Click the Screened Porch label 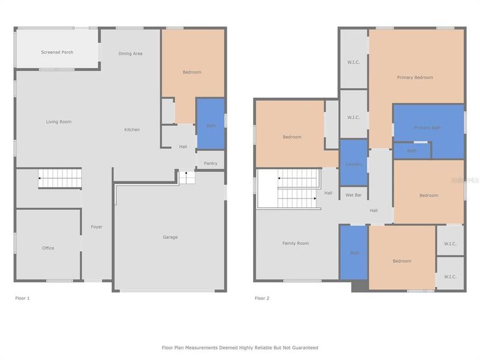57,52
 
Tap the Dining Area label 130,53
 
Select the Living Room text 59,122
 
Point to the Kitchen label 132,130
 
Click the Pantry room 210,163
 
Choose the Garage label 170,237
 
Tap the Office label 48,248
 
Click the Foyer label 97,227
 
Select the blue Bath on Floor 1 211,125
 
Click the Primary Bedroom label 415,77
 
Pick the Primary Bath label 427,128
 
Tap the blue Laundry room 354,164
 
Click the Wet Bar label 354,195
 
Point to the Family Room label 296,243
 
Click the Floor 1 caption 22,298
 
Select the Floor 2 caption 262,298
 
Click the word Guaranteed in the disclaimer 304,347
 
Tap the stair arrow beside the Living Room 41,178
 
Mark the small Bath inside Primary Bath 412,151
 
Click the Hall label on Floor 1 183,146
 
